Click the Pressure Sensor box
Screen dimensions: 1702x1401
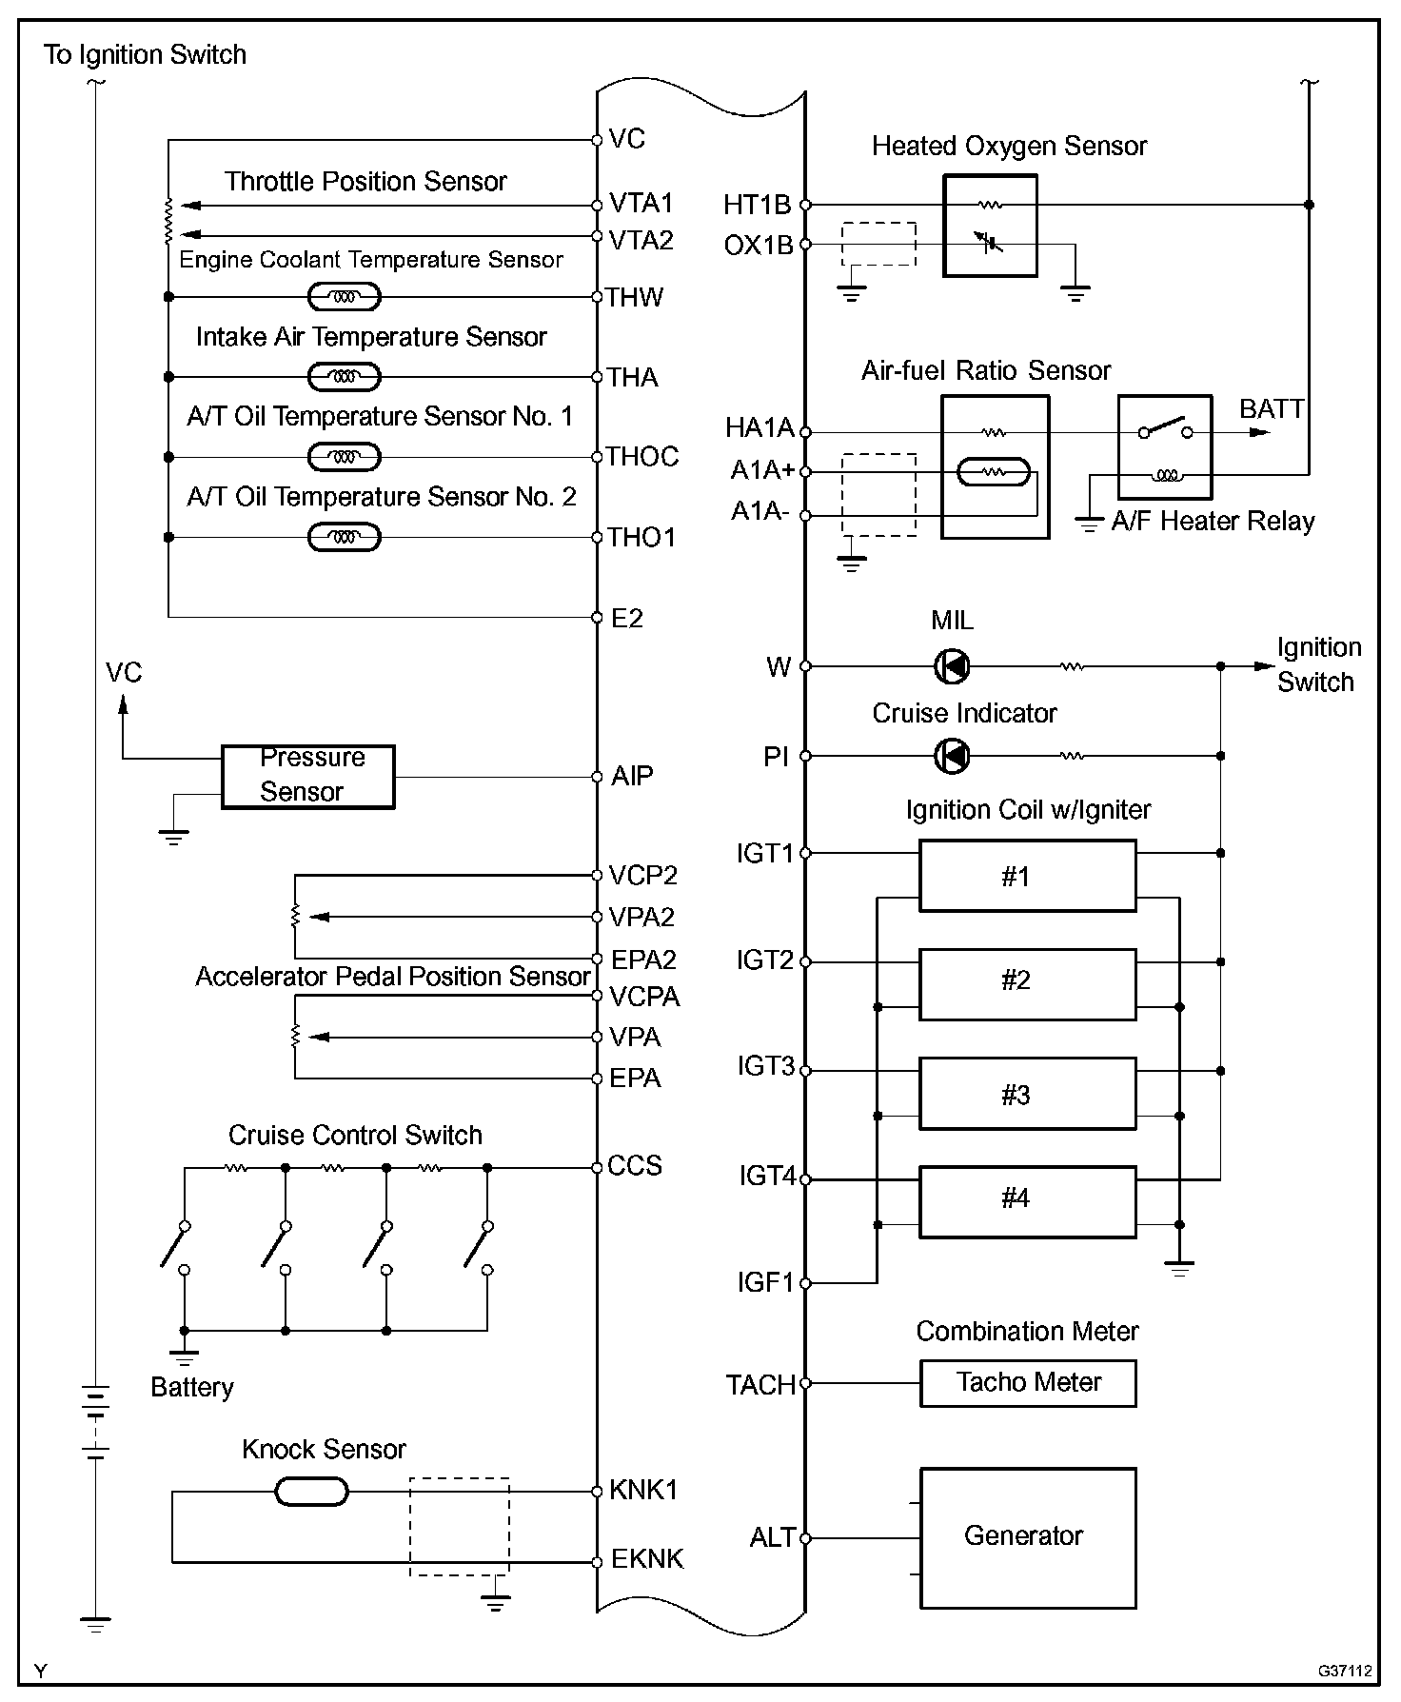[x=307, y=777]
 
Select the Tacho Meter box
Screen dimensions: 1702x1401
[x=1028, y=1383]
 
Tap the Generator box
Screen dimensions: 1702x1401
[x=1028, y=1537]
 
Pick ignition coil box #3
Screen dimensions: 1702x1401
[x=1027, y=1094]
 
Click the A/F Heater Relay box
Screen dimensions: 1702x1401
[x=1164, y=447]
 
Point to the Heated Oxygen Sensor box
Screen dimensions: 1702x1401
[x=990, y=226]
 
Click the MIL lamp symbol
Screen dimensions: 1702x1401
[x=952, y=666]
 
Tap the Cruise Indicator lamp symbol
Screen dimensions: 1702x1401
[x=952, y=757]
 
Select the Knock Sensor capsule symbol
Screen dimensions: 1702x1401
[x=311, y=1492]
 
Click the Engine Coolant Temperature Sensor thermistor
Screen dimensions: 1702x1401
[x=345, y=298]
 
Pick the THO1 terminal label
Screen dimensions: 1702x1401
[x=642, y=538]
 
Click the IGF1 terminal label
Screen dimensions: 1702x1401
[x=764, y=1282]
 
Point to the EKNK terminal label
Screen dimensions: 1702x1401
[x=647, y=1559]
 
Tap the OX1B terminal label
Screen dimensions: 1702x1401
[x=759, y=246]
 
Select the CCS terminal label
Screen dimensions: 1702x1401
[x=635, y=1166]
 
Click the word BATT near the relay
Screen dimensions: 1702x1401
[x=1272, y=409]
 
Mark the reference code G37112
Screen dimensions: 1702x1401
[x=1345, y=1671]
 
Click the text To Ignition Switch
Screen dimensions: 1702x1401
[x=145, y=55]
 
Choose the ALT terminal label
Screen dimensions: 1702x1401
[x=772, y=1537]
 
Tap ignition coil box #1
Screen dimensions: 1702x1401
[x=1027, y=876]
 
